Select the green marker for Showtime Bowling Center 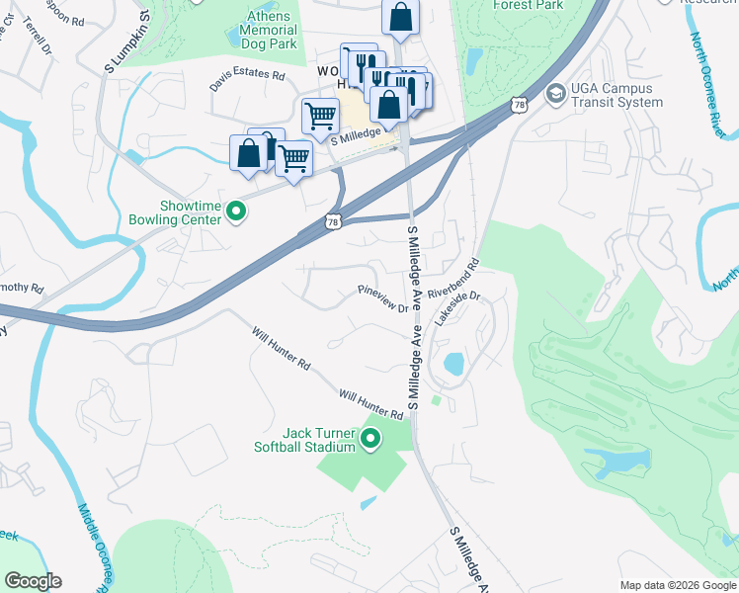pos(235,211)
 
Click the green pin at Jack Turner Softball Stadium pos(371,439)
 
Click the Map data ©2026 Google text pos(677,585)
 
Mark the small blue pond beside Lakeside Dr pos(454,364)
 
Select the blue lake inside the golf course pos(618,461)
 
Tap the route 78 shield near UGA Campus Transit pos(520,104)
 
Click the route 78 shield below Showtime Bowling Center pos(335,223)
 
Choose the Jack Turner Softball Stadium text pos(318,440)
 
